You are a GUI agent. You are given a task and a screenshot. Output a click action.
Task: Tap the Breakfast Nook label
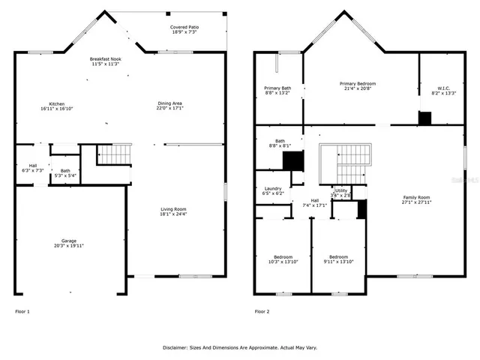click(105, 61)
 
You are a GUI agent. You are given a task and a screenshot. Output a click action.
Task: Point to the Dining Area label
click(169, 106)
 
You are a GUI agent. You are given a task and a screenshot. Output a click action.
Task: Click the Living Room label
click(172, 211)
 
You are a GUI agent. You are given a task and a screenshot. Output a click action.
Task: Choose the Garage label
click(68, 243)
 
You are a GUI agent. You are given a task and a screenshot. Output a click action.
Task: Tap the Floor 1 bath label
click(65, 172)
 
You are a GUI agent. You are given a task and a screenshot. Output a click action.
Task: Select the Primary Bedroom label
click(357, 86)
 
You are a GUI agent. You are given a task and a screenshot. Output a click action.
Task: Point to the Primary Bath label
click(277, 90)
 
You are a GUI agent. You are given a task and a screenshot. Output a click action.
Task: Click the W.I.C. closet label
click(443, 90)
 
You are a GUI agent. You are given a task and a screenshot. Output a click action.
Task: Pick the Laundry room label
click(272, 191)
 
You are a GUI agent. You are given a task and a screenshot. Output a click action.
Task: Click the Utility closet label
click(341, 193)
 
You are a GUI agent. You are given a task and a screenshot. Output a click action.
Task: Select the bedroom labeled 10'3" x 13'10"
click(283, 259)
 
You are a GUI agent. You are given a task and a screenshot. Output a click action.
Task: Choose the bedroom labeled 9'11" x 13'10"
click(337, 259)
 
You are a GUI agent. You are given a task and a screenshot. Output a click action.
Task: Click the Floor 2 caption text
click(262, 310)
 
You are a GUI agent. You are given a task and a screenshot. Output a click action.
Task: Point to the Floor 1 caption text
click(22, 310)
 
